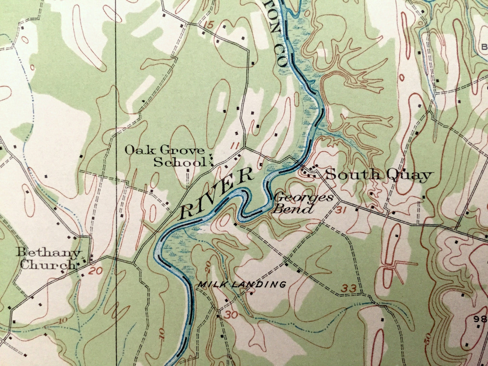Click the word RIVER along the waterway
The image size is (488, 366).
click(216, 193)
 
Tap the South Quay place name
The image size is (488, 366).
click(379, 175)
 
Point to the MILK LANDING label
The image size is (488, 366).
click(242, 285)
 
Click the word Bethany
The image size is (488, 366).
click(49, 253)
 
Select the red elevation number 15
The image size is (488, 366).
click(209, 25)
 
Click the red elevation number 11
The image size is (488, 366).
click(235, 146)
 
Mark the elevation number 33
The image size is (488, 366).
click(349, 289)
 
